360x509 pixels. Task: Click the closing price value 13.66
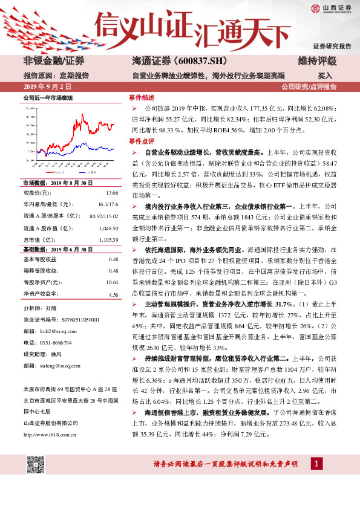(x=112, y=192)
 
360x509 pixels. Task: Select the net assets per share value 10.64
(x=112, y=282)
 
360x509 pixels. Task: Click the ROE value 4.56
(x=113, y=294)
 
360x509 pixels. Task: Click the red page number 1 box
(x=315, y=481)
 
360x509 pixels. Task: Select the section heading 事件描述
(x=142, y=97)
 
